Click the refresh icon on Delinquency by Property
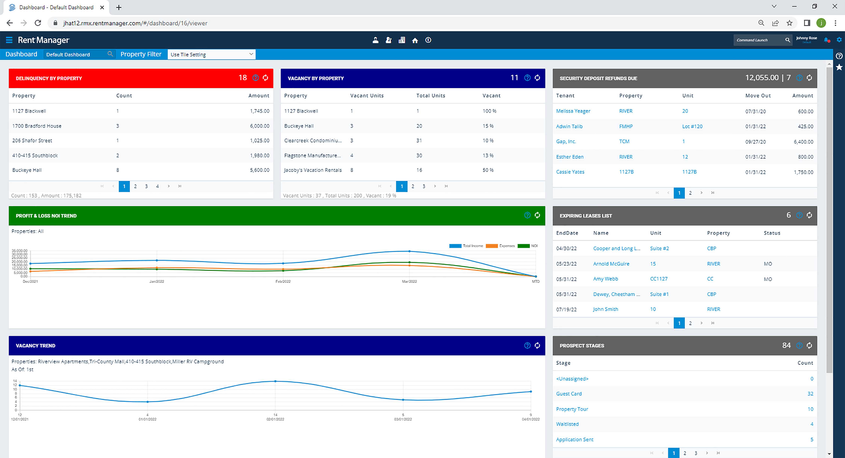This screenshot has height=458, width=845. point(265,78)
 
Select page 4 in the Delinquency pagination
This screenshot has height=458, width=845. point(158,186)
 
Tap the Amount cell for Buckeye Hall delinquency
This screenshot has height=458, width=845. point(260,170)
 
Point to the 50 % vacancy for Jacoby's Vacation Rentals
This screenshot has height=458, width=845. point(488,170)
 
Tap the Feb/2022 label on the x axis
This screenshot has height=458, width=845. point(283,281)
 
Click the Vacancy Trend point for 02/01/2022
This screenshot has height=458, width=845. point(275,381)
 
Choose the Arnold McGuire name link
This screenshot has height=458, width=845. point(611,264)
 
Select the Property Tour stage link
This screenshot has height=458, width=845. point(572,409)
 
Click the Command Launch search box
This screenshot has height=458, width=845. point(758,40)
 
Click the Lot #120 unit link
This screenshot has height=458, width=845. point(692,126)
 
